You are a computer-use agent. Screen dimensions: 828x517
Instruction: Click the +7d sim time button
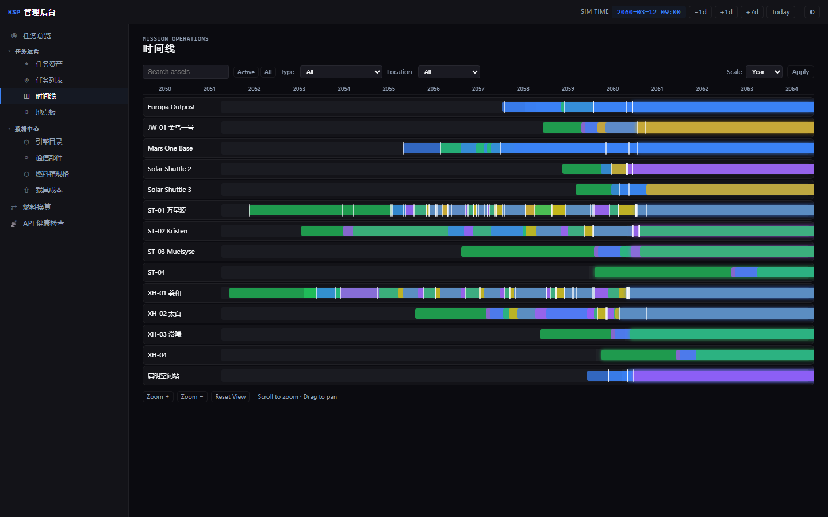pos(752,12)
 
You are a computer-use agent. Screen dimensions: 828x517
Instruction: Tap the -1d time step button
pos(700,12)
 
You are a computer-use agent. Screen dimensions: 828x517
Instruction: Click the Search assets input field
pos(186,72)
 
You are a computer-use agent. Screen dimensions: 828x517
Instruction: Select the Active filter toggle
pos(246,72)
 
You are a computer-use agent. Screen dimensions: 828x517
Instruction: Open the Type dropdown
pos(341,72)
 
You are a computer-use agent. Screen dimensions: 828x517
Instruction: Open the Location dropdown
pos(448,72)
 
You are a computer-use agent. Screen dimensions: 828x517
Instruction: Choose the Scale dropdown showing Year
pos(764,72)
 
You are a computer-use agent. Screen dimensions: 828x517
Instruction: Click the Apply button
pos(800,72)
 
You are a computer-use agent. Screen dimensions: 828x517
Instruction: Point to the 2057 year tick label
pos(478,89)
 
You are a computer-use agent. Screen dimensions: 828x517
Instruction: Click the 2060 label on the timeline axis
pos(612,89)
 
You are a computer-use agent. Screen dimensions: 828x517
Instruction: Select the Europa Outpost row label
pos(171,107)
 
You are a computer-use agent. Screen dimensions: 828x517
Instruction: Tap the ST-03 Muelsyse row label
pos(171,252)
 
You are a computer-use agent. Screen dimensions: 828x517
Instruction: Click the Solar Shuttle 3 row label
pos(169,190)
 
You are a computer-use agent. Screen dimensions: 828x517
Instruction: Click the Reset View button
pos(230,396)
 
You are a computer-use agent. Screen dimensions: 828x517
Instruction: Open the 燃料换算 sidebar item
pos(37,207)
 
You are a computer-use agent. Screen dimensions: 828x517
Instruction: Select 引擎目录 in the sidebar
pos(49,142)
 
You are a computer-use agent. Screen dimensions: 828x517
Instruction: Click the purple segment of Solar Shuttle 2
pos(723,169)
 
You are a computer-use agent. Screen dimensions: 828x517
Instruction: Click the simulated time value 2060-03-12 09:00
pos(649,12)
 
